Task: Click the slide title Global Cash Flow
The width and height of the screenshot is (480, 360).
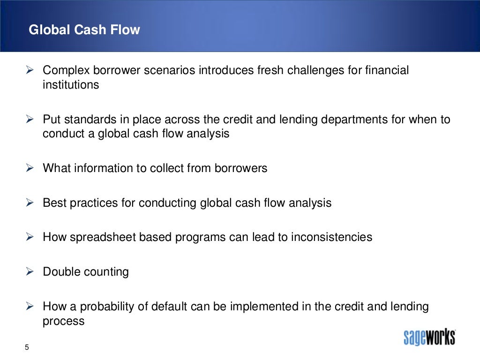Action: [x=84, y=30]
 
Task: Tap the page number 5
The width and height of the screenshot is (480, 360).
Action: [x=27, y=347]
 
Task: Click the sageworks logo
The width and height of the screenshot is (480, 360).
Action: [x=429, y=337]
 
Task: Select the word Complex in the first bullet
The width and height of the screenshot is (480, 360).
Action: [x=64, y=71]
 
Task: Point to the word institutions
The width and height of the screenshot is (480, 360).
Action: [x=71, y=85]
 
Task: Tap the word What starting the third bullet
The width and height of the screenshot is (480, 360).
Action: [x=56, y=168]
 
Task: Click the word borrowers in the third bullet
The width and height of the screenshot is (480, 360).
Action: [x=241, y=168]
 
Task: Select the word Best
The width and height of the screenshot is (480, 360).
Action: [x=52, y=203]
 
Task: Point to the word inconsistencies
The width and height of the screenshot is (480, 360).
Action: [x=331, y=237]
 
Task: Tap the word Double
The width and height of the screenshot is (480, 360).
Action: [x=61, y=272]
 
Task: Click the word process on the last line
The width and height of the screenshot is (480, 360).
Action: [x=63, y=321]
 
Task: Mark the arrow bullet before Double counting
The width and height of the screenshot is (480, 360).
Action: [x=29, y=272]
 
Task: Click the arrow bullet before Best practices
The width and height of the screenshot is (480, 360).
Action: [x=29, y=203]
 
